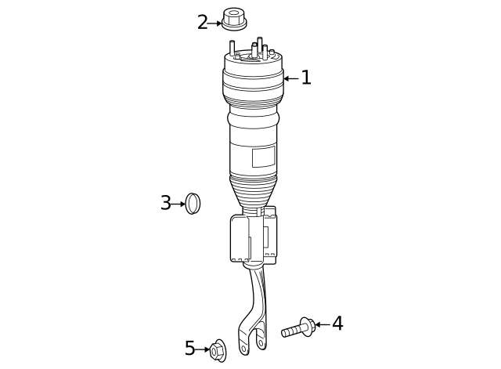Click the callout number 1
(306, 78)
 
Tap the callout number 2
(202, 23)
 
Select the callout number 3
(165, 204)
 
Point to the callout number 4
(337, 324)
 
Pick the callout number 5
(190, 349)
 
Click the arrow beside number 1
(290, 78)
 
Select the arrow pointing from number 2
(215, 24)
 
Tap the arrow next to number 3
(178, 204)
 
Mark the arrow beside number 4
(321, 324)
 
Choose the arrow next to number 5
(204, 349)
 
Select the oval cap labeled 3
(193, 204)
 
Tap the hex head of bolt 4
(307, 326)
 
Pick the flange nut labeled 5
(218, 351)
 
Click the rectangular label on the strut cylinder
(263, 156)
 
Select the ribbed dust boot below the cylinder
(253, 190)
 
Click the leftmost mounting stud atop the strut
(232, 48)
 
